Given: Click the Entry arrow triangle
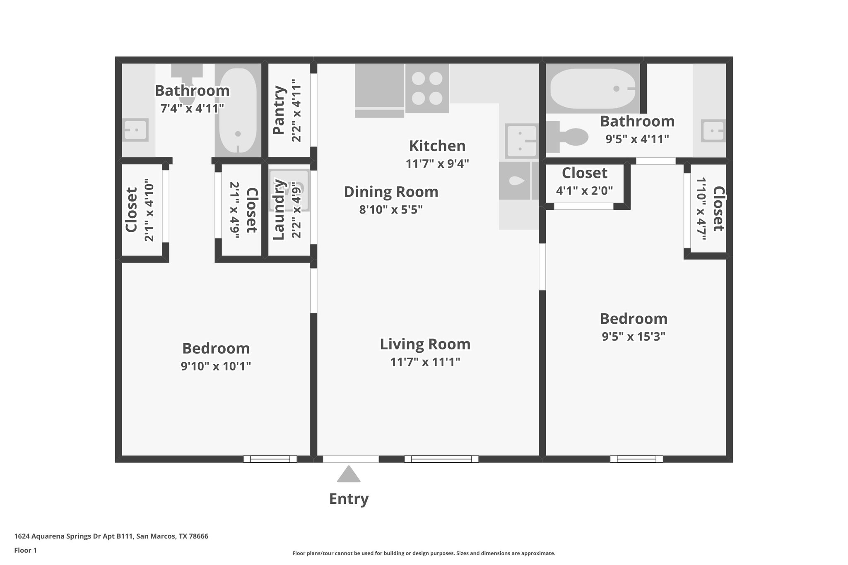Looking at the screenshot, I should (349, 475).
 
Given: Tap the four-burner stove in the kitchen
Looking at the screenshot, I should (427, 88).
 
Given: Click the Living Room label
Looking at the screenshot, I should (425, 344).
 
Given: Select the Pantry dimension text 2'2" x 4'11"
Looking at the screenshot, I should (296, 111).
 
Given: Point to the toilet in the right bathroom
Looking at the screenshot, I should (569, 137).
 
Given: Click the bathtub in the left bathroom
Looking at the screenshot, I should (238, 111).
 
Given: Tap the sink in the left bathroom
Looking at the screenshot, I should (135, 130).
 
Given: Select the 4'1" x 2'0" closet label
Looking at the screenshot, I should (584, 191).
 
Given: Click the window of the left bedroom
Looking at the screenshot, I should (270, 459).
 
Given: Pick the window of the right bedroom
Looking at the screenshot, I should (636, 459).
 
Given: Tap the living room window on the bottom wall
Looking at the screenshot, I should (441, 459).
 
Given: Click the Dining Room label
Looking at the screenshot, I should (391, 192).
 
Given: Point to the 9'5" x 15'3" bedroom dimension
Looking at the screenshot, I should (634, 337).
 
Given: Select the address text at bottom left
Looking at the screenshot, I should (111, 536).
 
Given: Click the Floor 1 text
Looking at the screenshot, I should (25, 551).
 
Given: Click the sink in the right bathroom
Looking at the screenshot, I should (713, 131).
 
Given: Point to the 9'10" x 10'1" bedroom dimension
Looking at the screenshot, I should (216, 366).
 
